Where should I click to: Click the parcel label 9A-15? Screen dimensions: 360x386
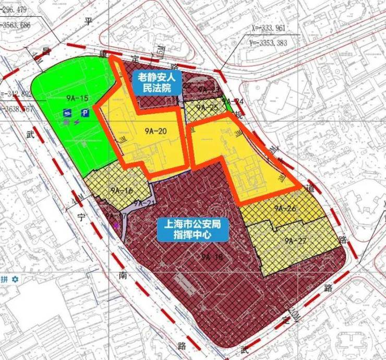click(x=77, y=97)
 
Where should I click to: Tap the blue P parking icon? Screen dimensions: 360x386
click(x=85, y=112)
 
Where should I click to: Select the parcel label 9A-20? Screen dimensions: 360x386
click(x=156, y=131)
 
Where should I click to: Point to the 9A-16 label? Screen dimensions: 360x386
click(x=121, y=190)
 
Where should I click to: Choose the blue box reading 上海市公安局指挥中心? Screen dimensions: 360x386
click(x=193, y=230)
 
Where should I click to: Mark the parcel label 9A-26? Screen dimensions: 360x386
click(x=285, y=208)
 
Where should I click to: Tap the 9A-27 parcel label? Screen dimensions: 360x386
click(x=295, y=240)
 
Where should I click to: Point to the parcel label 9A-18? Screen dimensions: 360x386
click(x=212, y=257)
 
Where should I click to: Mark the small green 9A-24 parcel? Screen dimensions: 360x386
click(x=228, y=104)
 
